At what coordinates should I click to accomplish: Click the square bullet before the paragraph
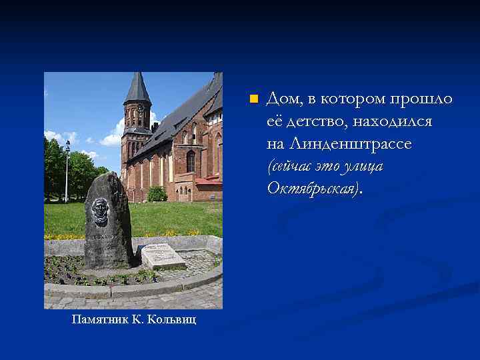[253, 99]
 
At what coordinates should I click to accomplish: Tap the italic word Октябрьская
[312, 188]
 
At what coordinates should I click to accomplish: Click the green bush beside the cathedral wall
[157, 194]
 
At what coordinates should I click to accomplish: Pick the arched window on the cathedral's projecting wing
[191, 161]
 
